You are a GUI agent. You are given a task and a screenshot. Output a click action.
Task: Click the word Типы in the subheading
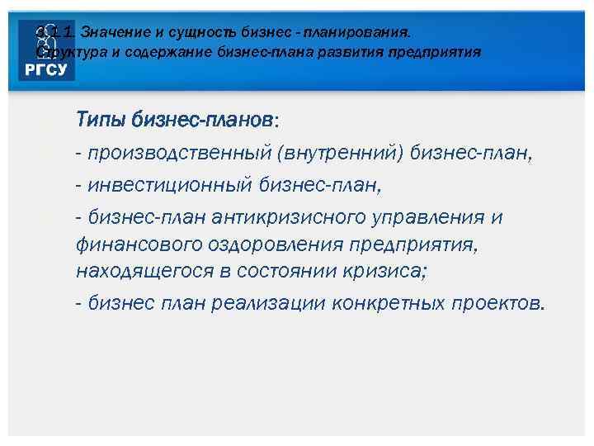100,120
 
